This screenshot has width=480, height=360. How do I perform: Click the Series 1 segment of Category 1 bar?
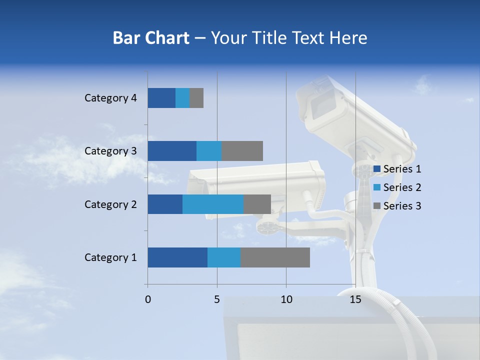(177, 257)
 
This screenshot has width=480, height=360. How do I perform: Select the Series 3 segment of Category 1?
(275, 257)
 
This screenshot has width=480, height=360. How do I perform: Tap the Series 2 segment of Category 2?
(213, 204)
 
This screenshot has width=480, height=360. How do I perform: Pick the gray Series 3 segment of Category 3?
(242, 151)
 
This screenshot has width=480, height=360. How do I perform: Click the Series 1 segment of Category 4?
(161, 98)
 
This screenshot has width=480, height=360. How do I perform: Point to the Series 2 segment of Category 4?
(182, 98)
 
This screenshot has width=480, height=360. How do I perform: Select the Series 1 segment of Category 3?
(172, 151)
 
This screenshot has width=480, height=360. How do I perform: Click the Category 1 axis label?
(110, 257)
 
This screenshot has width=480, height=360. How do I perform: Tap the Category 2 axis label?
(110, 204)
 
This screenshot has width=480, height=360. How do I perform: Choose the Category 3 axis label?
(110, 151)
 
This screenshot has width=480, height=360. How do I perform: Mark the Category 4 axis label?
(110, 98)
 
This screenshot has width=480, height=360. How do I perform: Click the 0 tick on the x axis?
(148, 299)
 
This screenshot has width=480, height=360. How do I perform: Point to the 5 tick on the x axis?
(217, 299)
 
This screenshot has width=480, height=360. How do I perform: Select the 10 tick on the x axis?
(286, 299)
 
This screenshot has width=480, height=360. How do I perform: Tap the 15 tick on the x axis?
(355, 299)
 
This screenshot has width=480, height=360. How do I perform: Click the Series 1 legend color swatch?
(377, 169)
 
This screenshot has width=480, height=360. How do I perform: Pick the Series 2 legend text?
(402, 187)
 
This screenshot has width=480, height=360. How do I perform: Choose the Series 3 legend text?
(402, 206)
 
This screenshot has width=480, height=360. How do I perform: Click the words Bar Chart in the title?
(151, 38)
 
